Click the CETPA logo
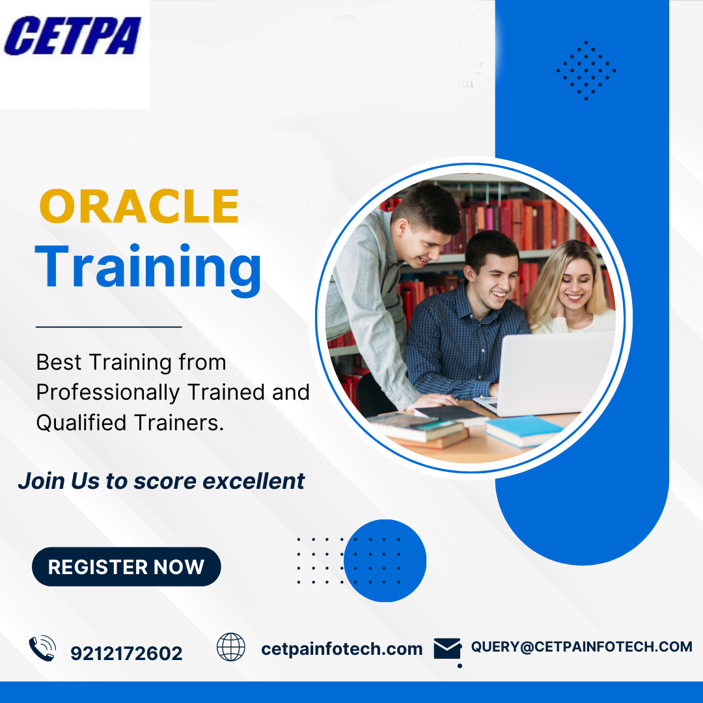tap(72, 36)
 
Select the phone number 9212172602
tap(126, 654)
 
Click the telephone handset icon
tap(42, 649)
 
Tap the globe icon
tap(231, 647)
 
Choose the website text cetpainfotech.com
tap(342, 649)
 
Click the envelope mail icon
tap(447, 649)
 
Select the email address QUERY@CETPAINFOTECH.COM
tap(581, 646)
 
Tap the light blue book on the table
tap(523, 430)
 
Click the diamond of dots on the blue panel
tap(586, 70)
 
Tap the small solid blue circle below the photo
tap(385, 560)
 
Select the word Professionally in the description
tap(107, 393)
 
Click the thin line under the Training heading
tap(109, 327)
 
